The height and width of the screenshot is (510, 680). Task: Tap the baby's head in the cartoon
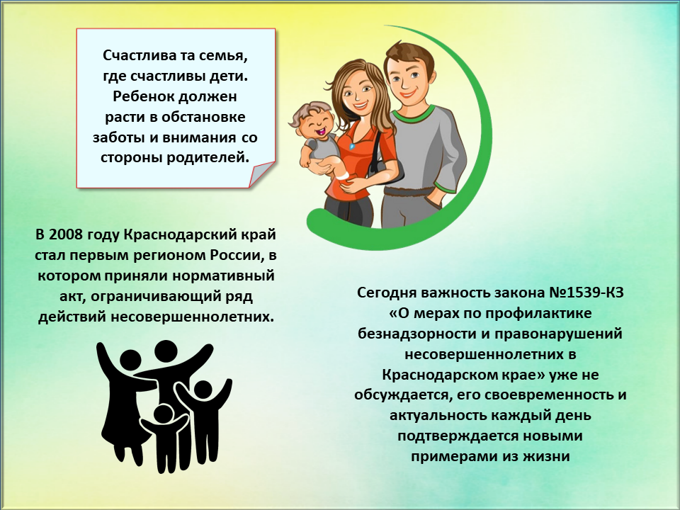[312, 118]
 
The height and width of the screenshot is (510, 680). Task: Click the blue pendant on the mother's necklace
[352, 147]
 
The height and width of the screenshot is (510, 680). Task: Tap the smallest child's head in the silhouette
[164, 414]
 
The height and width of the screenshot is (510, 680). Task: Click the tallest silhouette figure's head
[166, 351]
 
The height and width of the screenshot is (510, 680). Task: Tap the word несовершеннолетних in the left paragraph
[192, 317]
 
